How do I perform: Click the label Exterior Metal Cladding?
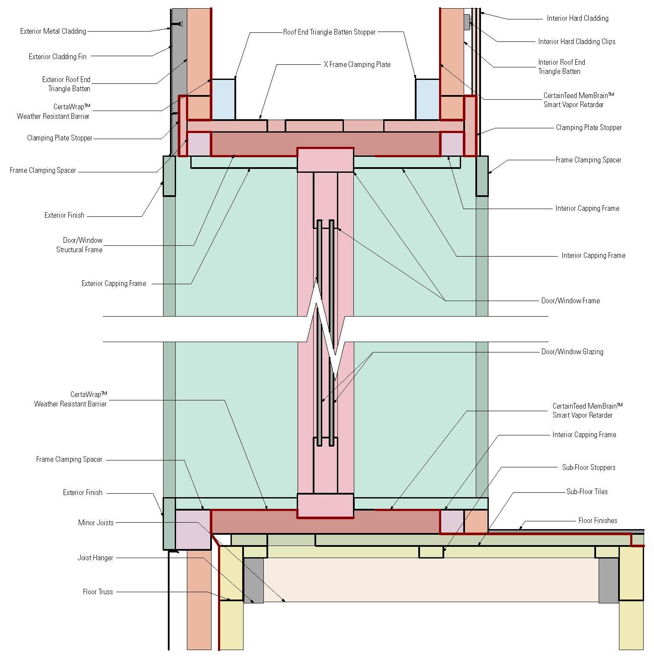pos(53,31)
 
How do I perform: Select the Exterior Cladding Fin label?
pos(58,57)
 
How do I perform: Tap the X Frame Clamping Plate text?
pos(357,64)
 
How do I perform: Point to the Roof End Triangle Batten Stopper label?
pos(329,32)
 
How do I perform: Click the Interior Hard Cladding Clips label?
pos(577,41)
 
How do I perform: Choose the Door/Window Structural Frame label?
pos(80,245)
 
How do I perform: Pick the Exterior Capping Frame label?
pos(114,283)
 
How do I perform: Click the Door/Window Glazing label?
pos(572,352)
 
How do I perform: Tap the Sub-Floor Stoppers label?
pos(588,467)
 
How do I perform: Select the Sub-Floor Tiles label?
pos(587,492)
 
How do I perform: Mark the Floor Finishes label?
pos(597,520)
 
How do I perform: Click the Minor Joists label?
pos(96,523)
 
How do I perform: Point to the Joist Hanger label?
pos(95,558)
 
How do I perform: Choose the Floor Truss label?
pos(98,592)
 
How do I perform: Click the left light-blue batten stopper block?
pos(223,99)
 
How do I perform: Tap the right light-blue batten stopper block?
pos(427,99)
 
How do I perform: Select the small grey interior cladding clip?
pos(467,22)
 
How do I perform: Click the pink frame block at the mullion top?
pos(325,160)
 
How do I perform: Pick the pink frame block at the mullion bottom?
pos(325,506)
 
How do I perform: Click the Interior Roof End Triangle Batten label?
pos(561,67)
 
